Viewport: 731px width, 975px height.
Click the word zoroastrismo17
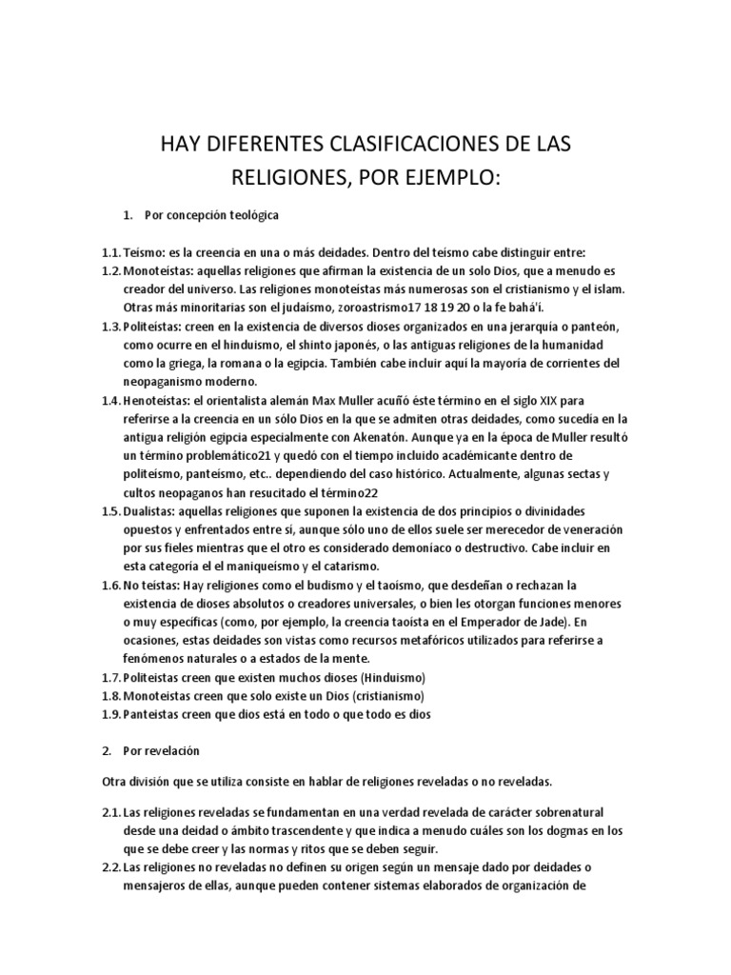[x=365, y=308]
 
